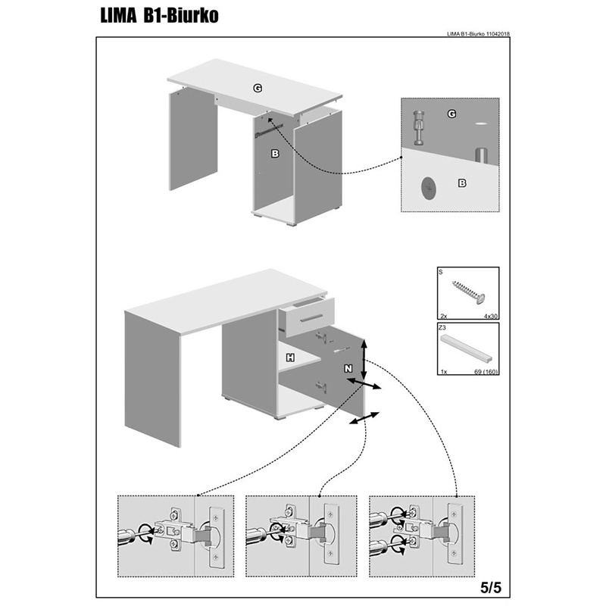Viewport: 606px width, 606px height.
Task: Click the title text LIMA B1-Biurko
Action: click(x=160, y=16)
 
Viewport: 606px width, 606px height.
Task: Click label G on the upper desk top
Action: click(x=258, y=89)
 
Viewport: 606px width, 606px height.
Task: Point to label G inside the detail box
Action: click(x=451, y=114)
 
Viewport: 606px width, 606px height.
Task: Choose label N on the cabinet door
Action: click(x=348, y=368)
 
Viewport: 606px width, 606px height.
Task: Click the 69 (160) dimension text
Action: click(x=482, y=373)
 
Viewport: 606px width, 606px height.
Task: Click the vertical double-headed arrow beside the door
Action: click(x=365, y=360)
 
